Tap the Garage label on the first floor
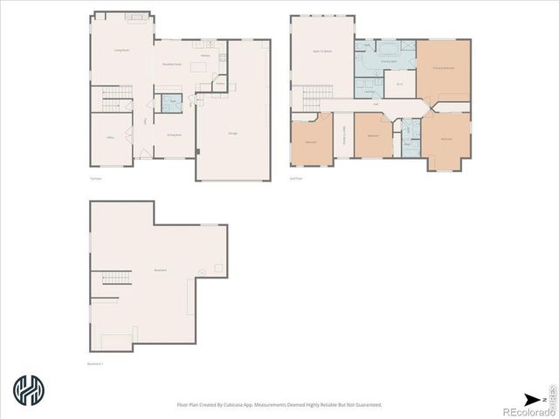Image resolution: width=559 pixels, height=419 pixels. coord(233,133)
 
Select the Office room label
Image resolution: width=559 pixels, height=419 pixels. coord(111,136)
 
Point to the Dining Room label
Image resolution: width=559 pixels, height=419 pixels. coord(174,134)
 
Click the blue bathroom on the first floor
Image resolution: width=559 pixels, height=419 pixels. coord(172,104)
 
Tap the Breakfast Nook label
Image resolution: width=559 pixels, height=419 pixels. coord(173,64)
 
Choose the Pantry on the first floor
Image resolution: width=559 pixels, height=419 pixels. coord(220,85)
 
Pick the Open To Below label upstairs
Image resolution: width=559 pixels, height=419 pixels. coord(322,52)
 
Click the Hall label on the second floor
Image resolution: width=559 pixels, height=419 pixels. coord(376,105)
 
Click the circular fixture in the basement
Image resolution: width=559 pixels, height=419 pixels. coord(203,272)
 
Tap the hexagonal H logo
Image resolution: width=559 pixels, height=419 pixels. coord(29,389)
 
